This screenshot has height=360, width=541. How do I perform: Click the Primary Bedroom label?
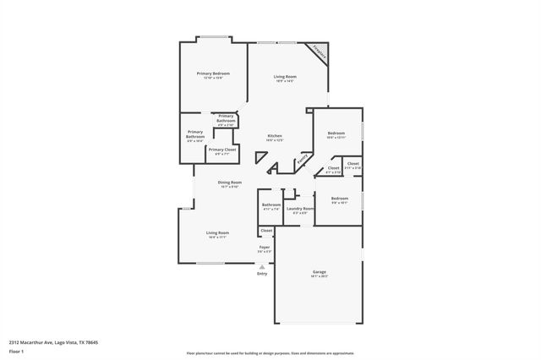tap(213, 74)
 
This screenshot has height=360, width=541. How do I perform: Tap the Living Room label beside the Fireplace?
tap(284, 78)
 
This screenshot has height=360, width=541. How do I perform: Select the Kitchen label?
tap(275, 136)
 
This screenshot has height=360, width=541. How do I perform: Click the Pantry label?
tap(302, 158)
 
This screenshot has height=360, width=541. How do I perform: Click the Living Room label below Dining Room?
tap(218, 232)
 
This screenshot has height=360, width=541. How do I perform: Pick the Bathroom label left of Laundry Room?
tap(271, 205)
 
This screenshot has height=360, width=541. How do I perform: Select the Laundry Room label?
tap(300, 208)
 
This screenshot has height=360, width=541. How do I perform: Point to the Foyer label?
tap(265, 247)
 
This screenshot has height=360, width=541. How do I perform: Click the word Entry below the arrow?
tap(262, 273)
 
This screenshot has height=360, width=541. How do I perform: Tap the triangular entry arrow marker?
tap(262, 266)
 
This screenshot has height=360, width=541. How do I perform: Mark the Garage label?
tap(319, 271)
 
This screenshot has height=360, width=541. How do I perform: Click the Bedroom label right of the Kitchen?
tap(336, 134)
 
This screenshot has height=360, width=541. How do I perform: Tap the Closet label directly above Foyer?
tap(266, 230)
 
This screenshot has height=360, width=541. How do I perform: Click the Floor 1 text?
tap(17, 350)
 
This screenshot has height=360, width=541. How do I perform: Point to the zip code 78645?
tap(91, 341)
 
